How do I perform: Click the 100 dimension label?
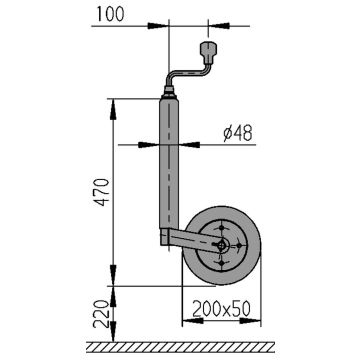coord(110,14)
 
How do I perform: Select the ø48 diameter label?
coord(238,134)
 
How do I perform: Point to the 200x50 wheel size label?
coord(221,309)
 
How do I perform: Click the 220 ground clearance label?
coord(102,313)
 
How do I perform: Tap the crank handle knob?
coord(209,52)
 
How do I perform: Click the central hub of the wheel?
coord(222,246)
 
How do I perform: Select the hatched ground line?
coord(180,347)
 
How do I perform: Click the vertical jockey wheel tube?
coord(169,163)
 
